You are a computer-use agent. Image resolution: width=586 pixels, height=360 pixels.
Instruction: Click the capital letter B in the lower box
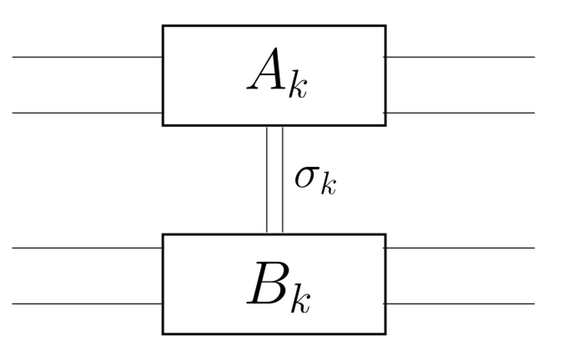point(267,283)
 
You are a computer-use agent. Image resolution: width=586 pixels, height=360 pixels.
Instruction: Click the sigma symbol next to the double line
point(307,177)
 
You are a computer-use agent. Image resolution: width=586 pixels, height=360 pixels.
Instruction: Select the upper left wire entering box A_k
point(88,57)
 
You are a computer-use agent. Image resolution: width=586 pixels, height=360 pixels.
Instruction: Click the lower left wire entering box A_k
point(88,112)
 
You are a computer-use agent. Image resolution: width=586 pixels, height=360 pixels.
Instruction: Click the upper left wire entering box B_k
point(88,248)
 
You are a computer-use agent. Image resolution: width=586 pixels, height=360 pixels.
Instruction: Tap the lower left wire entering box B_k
point(88,304)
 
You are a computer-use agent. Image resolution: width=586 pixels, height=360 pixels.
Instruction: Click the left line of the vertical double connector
point(267,179)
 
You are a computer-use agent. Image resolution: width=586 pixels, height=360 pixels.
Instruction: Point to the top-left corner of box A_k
point(163,26)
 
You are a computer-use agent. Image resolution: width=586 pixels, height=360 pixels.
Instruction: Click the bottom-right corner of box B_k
point(386,334)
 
